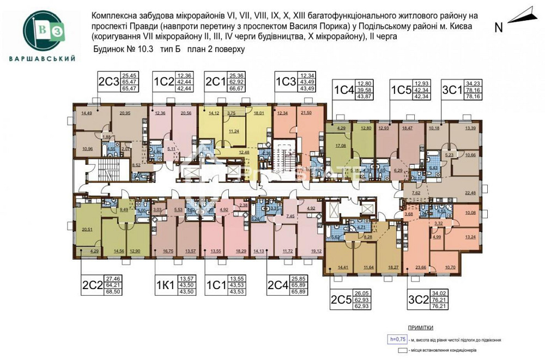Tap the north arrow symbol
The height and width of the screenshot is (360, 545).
coord(520,15)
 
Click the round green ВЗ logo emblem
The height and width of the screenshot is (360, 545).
coord(41,29)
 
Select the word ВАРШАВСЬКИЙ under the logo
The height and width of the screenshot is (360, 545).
coord(41,58)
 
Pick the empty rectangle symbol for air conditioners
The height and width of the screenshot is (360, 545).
coord(403,350)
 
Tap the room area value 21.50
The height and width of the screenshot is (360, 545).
coord(306,112)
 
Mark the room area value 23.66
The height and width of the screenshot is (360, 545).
coord(420,267)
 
